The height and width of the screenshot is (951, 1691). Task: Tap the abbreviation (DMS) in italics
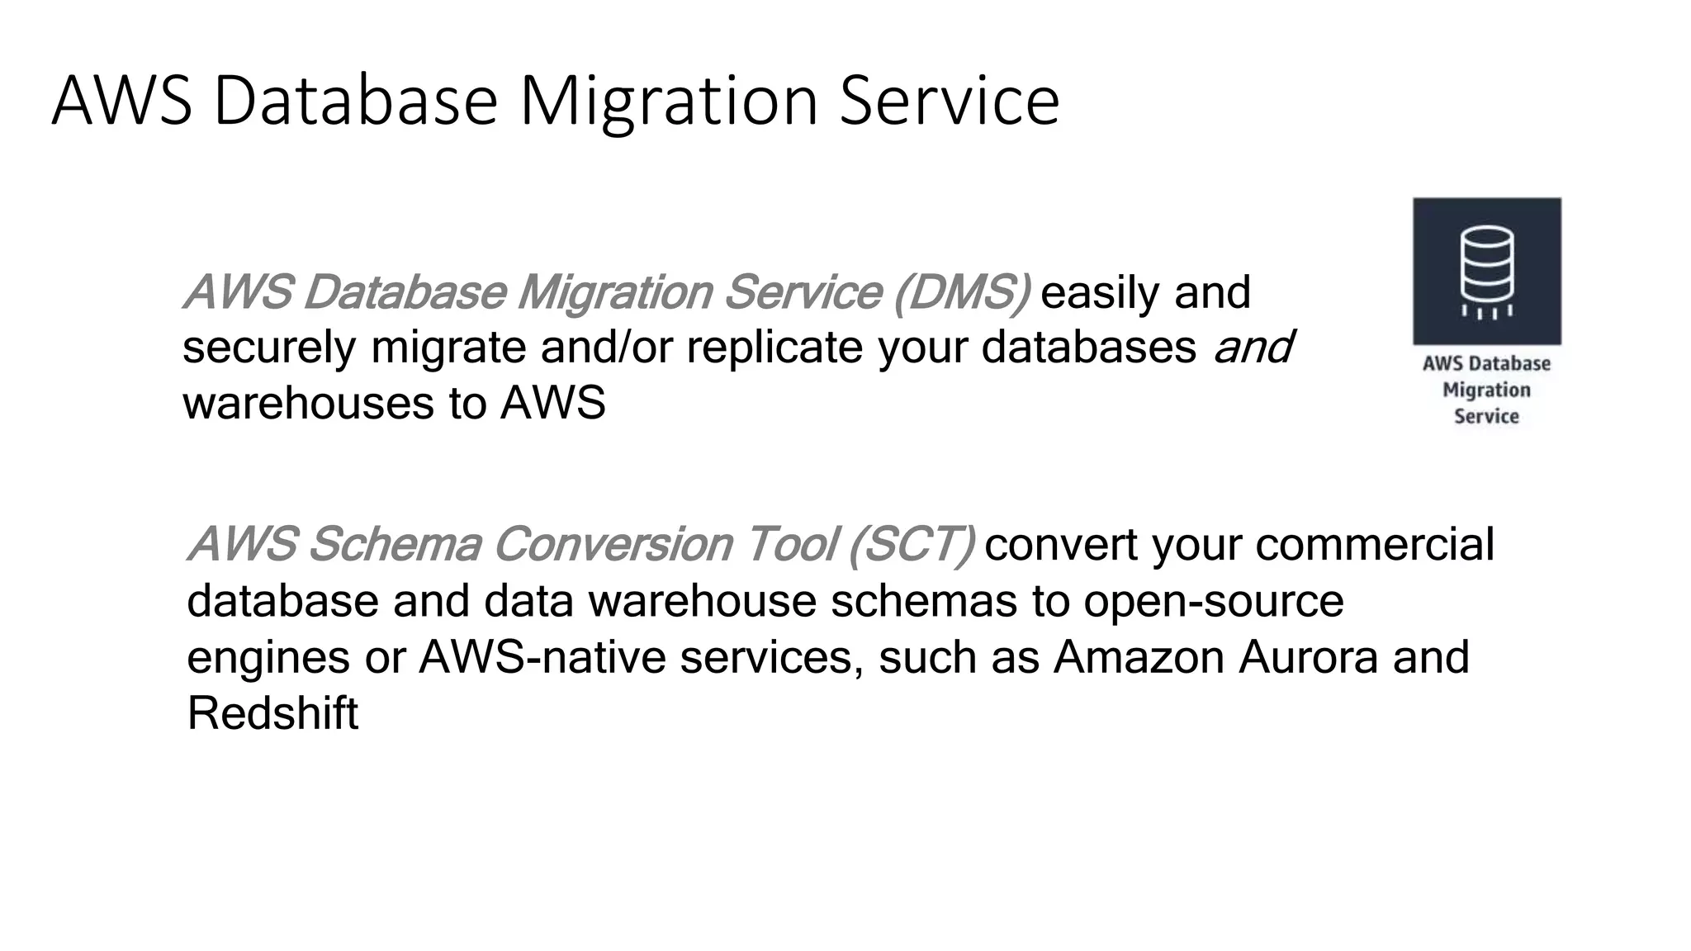pyautogui.click(x=962, y=292)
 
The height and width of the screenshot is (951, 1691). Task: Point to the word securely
pyautogui.click(x=269, y=348)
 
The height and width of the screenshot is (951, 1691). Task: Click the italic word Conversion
pyautogui.click(x=613, y=545)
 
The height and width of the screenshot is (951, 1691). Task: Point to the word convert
pyautogui.click(x=1061, y=545)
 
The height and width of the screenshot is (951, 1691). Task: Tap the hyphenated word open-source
pyautogui.click(x=1214, y=601)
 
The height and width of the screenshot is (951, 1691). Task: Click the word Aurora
pyautogui.click(x=1308, y=658)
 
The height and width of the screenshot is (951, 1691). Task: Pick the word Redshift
pyautogui.click(x=272, y=714)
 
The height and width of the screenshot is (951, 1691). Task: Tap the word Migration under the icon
pyautogui.click(x=1486, y=390)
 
